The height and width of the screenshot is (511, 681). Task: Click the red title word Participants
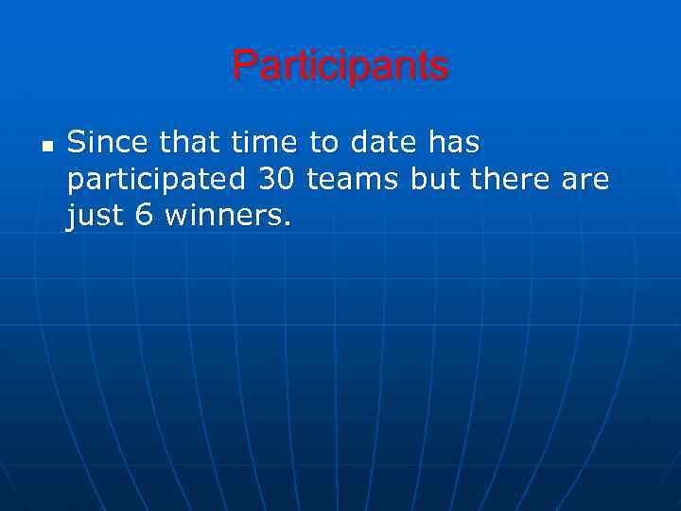click(340, 66)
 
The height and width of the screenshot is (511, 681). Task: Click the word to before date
click(324, 144)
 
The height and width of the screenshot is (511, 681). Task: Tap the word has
click(454, 144)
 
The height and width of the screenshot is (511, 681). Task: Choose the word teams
click(355, 180)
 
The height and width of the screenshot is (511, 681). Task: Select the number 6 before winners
click(145, 217)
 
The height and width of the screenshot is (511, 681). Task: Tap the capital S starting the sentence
click(76, 144)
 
